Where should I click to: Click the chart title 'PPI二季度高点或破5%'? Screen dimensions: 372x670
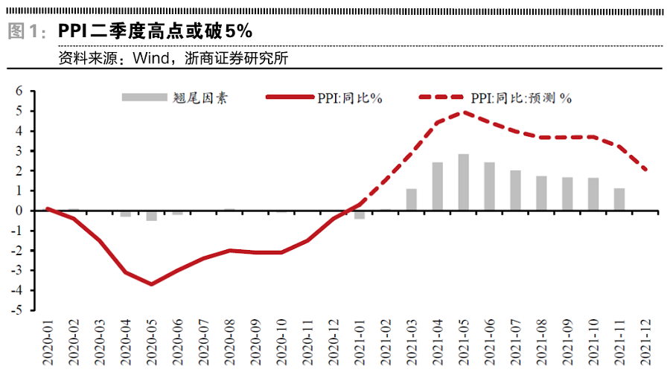tap(156, 31)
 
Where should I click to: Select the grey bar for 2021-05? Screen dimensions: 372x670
tap(463, 182)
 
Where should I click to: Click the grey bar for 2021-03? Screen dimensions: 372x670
tap(412, 199)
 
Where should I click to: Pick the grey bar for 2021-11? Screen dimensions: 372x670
tap(619, 199)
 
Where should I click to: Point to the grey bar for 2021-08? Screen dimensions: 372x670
tap(541, 193)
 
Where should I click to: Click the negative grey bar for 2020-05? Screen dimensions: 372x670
tap(152, 216)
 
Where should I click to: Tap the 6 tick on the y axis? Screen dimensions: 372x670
tap(19, 92)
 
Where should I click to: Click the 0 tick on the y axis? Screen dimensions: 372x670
tap(19, 211)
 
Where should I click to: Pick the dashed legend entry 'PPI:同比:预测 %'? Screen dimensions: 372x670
tap(495, 97)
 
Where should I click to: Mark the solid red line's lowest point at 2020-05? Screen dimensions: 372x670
tap(152, 284)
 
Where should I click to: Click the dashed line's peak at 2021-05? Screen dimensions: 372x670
tap(463, 112)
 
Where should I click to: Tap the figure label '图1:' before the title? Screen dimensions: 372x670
tap(27, 32)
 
